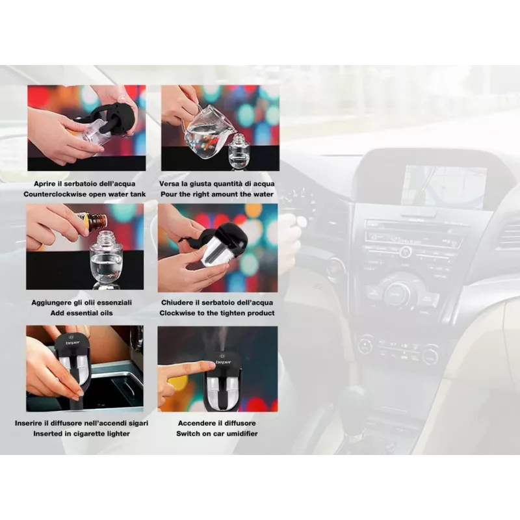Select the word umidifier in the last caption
tap(242, 434)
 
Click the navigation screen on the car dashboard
tap(444, 187)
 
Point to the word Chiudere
tap(176, 303)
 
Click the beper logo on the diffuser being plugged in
tap(73, 343)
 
